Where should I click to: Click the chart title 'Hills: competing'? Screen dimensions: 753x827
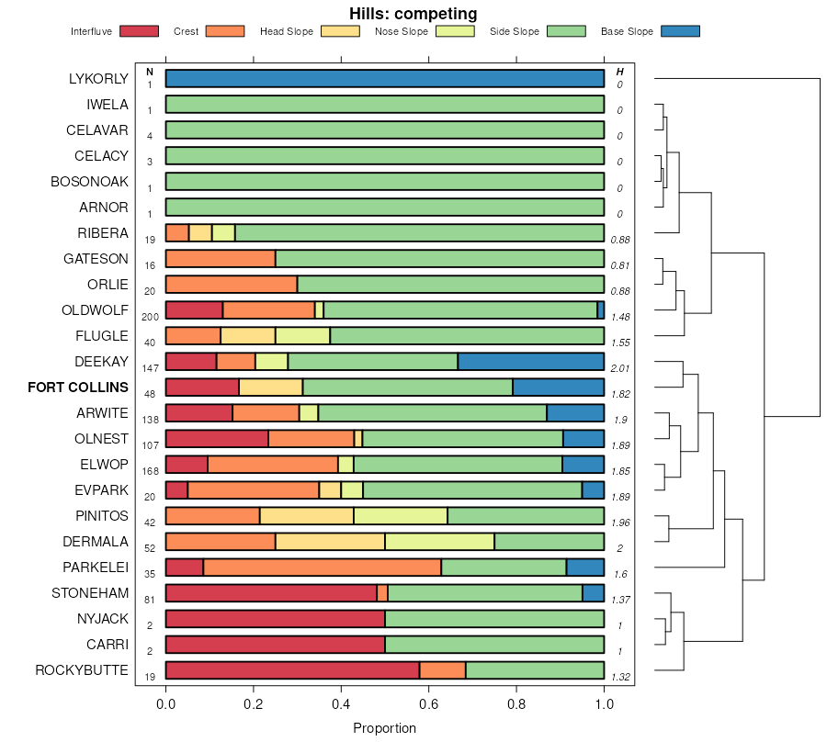(x=413, y=14)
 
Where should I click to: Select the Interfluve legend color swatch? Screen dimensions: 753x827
(x=138, y=31)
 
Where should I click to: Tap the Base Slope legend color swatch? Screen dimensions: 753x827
(x=679, y=31)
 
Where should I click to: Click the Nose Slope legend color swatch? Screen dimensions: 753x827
(x=453, y=31)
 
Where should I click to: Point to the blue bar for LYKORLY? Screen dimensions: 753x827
(x=384, y=79)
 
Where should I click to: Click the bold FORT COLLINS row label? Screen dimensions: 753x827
(x=78, y=388)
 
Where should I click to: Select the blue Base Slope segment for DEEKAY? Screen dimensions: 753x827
(x=530, y=362)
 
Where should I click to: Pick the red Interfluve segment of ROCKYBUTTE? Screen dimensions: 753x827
(x=292, y=670)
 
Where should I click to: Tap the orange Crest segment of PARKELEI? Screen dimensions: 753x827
(x=322, y=568)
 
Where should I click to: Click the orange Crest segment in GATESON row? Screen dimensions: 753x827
(x=221, y=259)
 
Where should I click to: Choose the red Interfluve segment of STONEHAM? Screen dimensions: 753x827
(x=271, y=593)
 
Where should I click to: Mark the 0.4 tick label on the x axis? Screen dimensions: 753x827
(x=341, y=704)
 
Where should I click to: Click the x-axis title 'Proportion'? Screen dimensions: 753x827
(x=384, y=728)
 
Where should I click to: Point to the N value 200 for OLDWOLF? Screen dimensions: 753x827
(x=151, y=317)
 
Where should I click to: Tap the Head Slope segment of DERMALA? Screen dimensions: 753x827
(x=330, y=542)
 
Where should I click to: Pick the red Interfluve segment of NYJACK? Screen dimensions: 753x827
(x=275, y=619)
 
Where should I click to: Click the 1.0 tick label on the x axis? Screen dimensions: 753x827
(x=604, y=704)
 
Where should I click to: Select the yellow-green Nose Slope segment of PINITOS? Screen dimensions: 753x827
(x=401, y=516)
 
